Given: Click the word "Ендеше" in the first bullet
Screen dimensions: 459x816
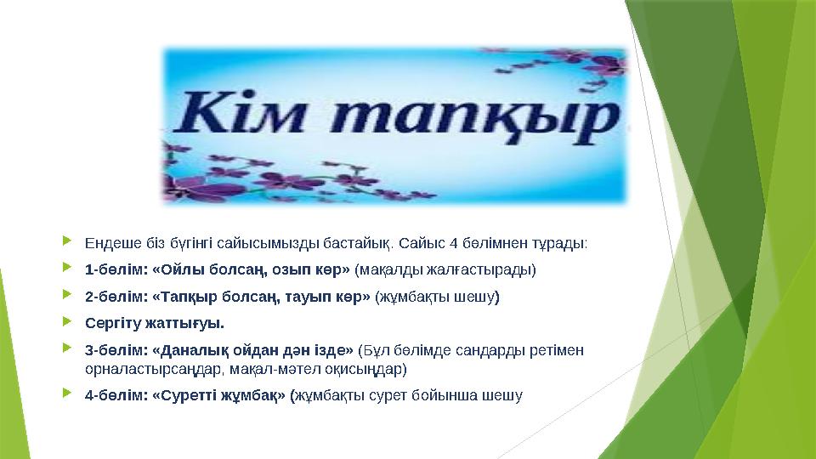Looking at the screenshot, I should (x=108, y=244).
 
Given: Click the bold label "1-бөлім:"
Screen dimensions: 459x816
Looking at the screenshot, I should (x=116, y=270).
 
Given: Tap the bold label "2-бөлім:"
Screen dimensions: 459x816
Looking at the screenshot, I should (x=116, y=297).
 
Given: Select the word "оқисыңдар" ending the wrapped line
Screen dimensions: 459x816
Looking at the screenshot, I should (x=366, y=369).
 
